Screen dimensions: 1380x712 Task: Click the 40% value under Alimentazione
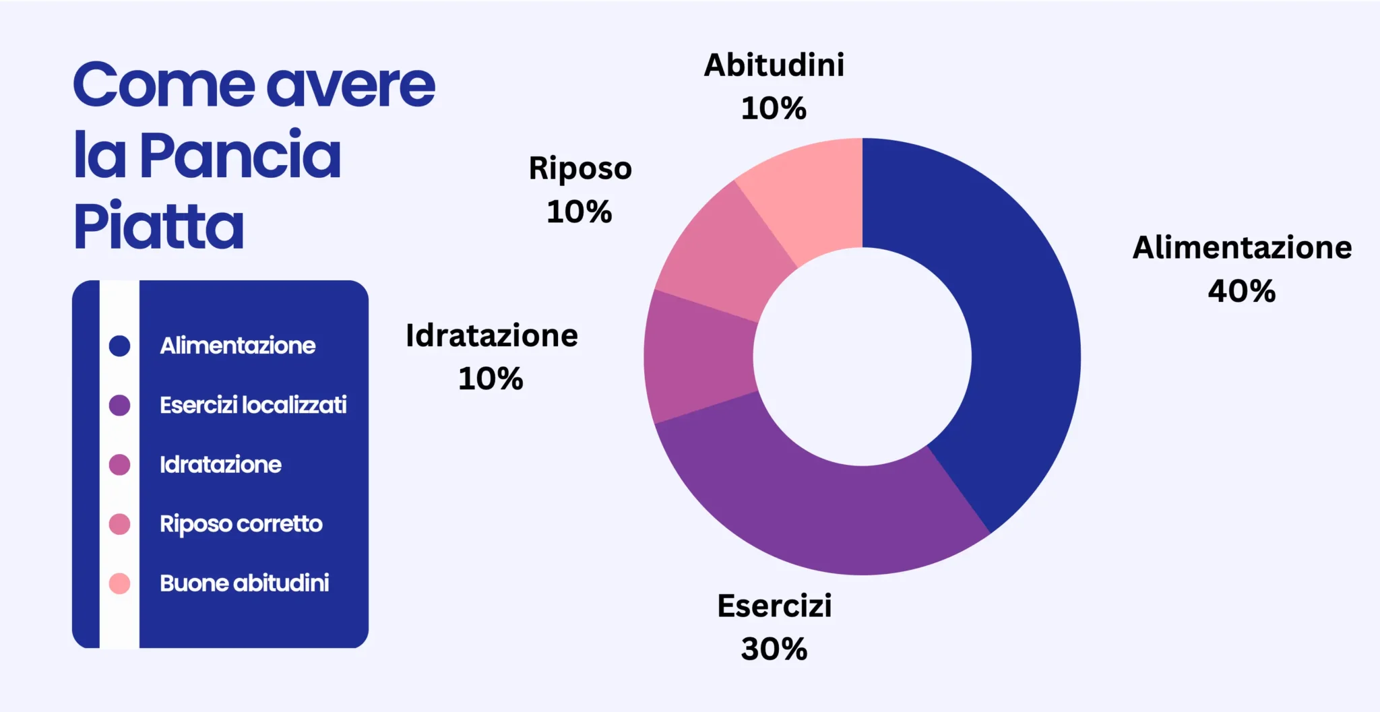point(1241,291)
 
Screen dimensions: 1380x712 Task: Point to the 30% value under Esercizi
point(774,649)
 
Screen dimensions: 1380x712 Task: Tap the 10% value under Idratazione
point(491,379)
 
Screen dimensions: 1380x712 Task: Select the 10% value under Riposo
point(579,212)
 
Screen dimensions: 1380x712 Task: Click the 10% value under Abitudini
point(774,108)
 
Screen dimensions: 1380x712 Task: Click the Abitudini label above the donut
point(774,65)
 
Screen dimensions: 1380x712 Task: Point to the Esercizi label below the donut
point(774,606)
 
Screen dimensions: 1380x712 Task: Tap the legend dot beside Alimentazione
point(119,346)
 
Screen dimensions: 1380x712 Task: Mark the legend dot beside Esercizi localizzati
point(119,405)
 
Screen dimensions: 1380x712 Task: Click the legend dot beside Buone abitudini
point(119,583)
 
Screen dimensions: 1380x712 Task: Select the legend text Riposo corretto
point(241,524)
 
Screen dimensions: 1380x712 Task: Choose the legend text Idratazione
point(220,464)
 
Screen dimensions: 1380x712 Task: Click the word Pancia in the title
point(241,156)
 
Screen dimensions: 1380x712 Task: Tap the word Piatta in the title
point(158,225)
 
